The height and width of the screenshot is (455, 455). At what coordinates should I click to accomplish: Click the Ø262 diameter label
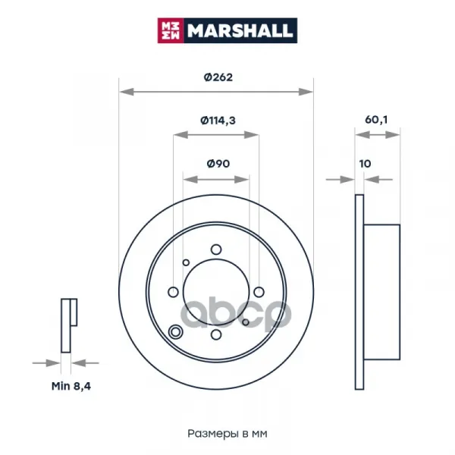tap(218, 77)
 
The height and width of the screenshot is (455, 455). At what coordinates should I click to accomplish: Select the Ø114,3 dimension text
tap(218, 120)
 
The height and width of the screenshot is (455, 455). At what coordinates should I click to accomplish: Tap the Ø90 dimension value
tap(218, 164)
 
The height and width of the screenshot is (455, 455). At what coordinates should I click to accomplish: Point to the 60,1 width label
tap(376, 120)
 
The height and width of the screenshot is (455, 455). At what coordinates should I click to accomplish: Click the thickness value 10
tap(365, 164)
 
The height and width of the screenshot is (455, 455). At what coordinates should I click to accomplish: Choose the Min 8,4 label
tap(71, 386)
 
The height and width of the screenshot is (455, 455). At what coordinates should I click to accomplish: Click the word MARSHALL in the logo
tap(240, 30)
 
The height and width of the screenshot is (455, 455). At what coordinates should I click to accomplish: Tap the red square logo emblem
tap(171, 30)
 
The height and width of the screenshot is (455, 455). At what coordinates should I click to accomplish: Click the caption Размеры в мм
tap(227, 434)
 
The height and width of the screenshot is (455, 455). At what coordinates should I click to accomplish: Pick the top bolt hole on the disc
tap(216, 249)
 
